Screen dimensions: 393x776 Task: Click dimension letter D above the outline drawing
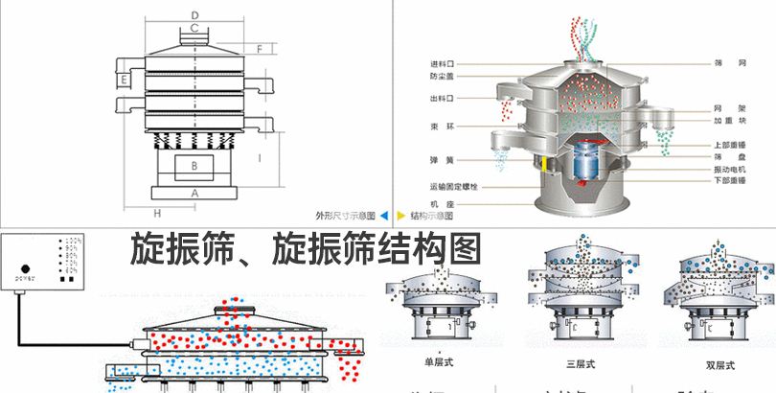coord(194,14)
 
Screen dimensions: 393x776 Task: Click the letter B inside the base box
coord(194,166)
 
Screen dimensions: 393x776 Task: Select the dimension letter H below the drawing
coord(157,212)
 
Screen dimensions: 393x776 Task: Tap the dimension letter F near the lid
coord(259,47)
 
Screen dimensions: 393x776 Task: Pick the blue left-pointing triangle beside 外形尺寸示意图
coord(384,216)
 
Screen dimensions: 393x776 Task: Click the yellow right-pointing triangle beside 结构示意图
coord(400,216)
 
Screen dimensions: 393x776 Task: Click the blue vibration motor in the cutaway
coord(585,164)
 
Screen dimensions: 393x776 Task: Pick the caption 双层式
coord(720,364)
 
